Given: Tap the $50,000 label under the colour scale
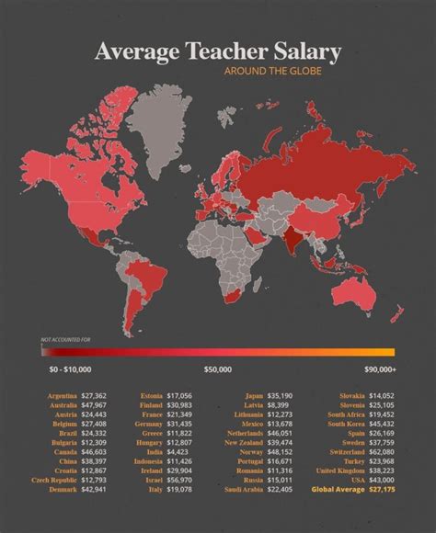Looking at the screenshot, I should click(218, 369).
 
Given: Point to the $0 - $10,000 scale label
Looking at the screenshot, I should click(70, 369).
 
